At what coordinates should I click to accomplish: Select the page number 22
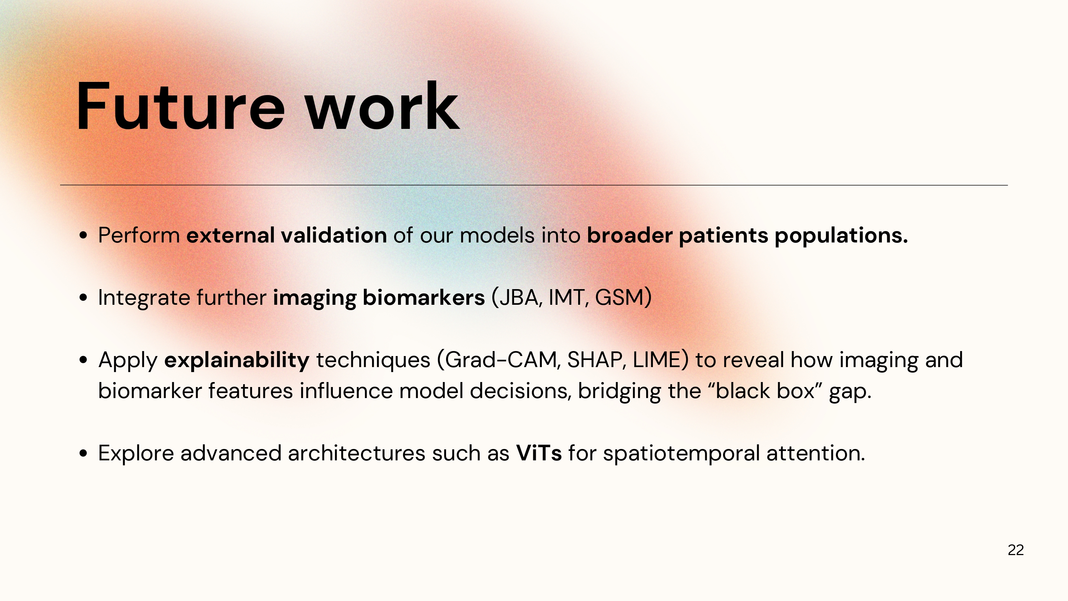pos(1015,550)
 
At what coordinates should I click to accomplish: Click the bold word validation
pos(334,235)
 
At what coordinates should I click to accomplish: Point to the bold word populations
pos(841,236)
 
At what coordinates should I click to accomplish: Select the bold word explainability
pos(237,360)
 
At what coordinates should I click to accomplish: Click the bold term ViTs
pos(539,453)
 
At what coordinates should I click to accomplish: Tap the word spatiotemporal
pos(681,454)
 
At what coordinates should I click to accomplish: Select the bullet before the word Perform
pos(83,236)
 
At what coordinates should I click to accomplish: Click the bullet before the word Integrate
pos(83,298)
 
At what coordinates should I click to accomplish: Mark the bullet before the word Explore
pos(83,453)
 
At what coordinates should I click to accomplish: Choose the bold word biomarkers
pos(424,297)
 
